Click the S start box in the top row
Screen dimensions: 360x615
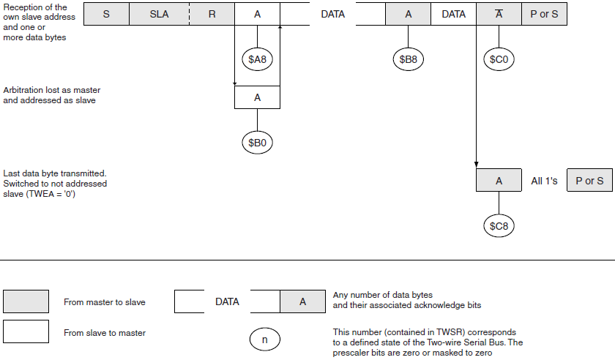[106, 14]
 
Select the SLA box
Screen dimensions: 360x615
[159, 14]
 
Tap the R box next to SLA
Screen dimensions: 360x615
[212, 14]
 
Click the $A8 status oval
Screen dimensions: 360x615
[257, 59]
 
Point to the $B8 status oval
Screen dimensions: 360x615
[408, 59]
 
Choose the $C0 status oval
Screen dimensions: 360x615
[498, 59]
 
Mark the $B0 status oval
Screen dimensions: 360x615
[257, 143]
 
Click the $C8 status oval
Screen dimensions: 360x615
[498, 226]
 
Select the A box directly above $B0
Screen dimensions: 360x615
[257, 97]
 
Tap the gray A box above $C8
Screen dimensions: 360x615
[498, 181]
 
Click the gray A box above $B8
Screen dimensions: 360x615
[408, 14]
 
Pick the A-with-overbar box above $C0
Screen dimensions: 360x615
[498, 14]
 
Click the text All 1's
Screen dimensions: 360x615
[544, 181]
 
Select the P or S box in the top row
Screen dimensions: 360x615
[543, 14]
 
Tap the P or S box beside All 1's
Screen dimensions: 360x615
[589, 181]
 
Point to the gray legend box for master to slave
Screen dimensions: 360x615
[26, 301]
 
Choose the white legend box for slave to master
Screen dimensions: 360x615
[26, 331]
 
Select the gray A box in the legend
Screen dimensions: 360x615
[302, 301]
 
